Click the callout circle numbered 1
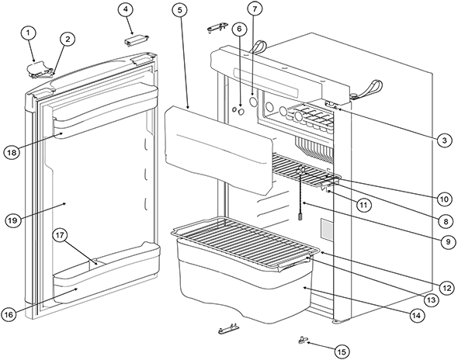coord(28,33)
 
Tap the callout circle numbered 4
coord(126,9)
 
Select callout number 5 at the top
coord(180,10)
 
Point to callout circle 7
coord(255,9)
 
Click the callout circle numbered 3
coord(444,140)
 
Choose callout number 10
coord(444,199)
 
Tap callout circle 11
coord(363,205)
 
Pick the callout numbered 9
coord(449,242)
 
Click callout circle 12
coord(447,289)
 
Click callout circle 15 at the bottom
coord(342,351)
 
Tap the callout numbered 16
coord(9,315)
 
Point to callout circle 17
coord(60,236)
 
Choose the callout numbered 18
coord(12,152)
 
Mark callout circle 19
coord(13,220)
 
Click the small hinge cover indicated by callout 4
coord(137,40)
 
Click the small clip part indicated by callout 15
coord(302,340)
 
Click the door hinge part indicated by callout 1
coord(40,70)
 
